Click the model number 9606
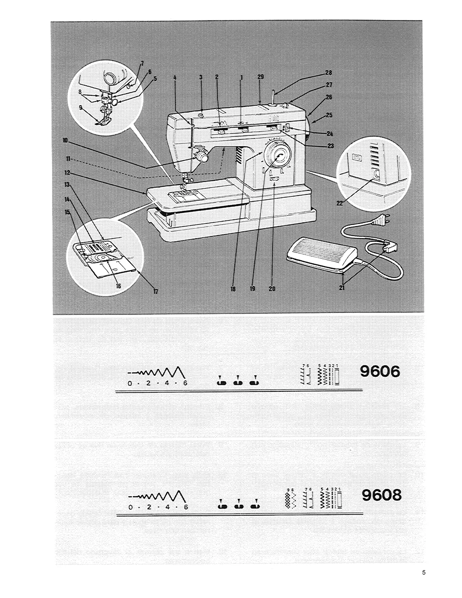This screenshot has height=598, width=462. coord(380,372)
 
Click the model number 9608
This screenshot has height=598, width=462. coord(381,495)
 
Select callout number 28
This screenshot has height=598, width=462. coord(328,73)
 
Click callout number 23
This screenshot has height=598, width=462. coord(331,146)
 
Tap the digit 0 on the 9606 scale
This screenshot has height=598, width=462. coord(129,384)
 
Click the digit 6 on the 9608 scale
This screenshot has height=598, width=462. coord(185,507)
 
